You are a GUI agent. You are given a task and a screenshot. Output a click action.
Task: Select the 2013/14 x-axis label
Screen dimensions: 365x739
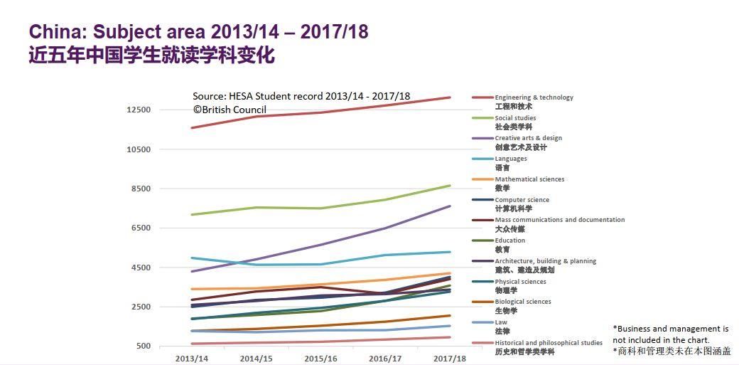191,358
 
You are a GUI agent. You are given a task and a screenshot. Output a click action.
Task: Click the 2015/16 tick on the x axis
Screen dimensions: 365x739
320,358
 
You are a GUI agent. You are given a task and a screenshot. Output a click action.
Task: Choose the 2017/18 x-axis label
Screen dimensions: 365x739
450,358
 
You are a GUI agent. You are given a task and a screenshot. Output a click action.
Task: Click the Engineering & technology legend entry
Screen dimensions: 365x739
534,97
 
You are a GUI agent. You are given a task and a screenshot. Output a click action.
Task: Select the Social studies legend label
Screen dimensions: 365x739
515,118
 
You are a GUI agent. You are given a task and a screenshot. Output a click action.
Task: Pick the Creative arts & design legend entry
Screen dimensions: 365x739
528,138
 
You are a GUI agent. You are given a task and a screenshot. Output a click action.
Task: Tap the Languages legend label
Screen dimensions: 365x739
511,159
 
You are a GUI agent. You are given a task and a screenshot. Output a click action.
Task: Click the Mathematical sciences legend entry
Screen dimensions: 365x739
529,179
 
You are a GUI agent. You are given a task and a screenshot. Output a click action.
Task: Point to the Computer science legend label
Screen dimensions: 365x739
522,200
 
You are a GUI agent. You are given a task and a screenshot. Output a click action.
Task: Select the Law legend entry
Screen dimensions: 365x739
501,322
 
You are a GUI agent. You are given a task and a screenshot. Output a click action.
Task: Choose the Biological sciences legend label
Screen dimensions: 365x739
522,302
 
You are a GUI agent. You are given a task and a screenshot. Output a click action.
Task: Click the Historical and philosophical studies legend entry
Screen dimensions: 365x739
548,343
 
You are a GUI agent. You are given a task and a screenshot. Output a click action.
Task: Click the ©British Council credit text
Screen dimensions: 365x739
230,110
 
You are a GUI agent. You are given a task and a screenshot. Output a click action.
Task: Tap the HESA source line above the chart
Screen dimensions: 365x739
301,96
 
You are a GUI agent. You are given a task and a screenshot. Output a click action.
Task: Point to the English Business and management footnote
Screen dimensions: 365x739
671,334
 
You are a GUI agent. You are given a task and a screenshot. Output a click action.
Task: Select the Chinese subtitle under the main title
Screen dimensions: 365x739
151,55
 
